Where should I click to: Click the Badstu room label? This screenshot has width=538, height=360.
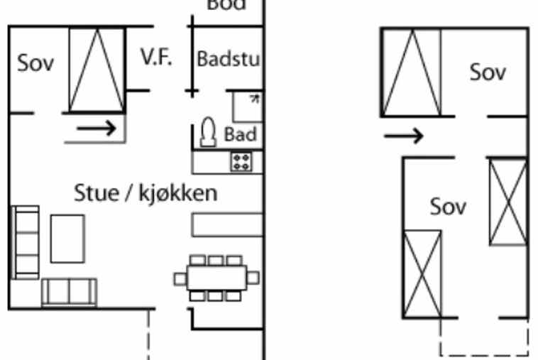click(x=228, y=59)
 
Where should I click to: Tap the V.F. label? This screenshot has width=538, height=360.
click(x=156, y=58)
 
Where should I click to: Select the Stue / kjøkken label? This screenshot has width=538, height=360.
click(x=146, y=192)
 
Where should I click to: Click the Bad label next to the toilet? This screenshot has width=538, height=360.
click(x=240, y=133)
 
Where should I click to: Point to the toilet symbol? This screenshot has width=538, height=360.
click(x=209, y=131)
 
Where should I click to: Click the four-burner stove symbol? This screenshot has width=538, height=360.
click(x=241, y=161)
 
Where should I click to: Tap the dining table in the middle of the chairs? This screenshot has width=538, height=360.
click(x=216, y=277)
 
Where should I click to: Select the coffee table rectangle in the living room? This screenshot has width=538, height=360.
click(x=67, y=239)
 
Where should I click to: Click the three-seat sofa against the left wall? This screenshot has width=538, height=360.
click(x=26, y=242)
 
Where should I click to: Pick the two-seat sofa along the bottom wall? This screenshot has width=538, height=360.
click(x=69, y=291)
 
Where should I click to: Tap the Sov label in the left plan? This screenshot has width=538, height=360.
click(x=35, y=62)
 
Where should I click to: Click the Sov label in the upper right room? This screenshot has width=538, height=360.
click(x=488, y=72)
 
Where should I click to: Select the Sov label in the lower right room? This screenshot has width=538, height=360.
click(x=449, y=207)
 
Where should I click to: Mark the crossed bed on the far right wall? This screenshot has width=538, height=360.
click(x=508, y=202)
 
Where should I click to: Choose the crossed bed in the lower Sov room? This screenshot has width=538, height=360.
click(x=422, y=273)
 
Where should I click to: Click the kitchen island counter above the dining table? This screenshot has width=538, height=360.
click(x=225, y=225)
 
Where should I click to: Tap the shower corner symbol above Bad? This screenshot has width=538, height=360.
click(x=246, y=105)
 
